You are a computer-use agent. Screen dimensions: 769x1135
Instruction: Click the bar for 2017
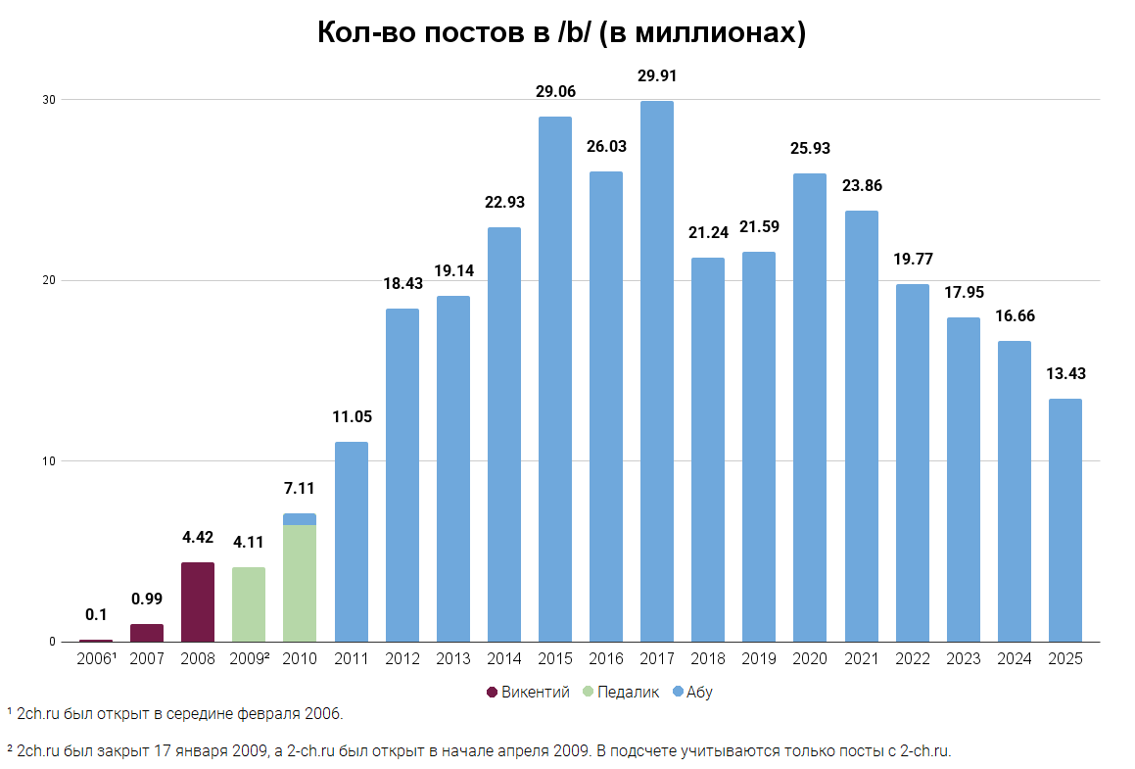pos(656,372)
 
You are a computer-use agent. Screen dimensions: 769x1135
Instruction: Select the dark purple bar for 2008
pos(198,602)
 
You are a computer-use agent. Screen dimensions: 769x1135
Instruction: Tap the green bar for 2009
pos(249,604)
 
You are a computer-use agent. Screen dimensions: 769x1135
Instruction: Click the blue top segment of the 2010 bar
pos(300,519)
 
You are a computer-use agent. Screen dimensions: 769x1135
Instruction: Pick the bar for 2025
pos(1064,520)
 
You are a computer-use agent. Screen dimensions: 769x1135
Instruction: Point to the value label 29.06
pos(555,92)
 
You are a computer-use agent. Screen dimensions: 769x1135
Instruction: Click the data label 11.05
pos(352,416)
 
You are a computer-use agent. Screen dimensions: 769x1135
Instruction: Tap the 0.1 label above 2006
pos(96,615)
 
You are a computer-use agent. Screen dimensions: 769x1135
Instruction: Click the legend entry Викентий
pos(535,693)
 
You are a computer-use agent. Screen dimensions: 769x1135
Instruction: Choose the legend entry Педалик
pos(627,693)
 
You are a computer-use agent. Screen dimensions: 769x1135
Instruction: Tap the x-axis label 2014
pos(503,659)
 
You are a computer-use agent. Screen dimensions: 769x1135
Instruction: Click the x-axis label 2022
pos(912,659)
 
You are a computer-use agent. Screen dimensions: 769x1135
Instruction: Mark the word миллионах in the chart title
pos(715,32)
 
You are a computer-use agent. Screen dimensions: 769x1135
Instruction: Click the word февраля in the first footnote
pos(268,713)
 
